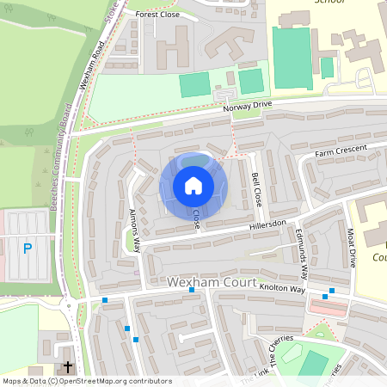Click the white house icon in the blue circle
pyautogui.click(x=193, y=186)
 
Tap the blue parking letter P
pyautogui.click(x=28, y=249)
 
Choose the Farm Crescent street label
pyautogui.click(x=341, y=151)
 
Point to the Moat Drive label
pyautogui.click(x=351, y=250)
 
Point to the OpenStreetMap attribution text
pyautogui.click(x=88, y=381)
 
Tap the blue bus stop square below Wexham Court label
pyautogui.click(x=192, y=291)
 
